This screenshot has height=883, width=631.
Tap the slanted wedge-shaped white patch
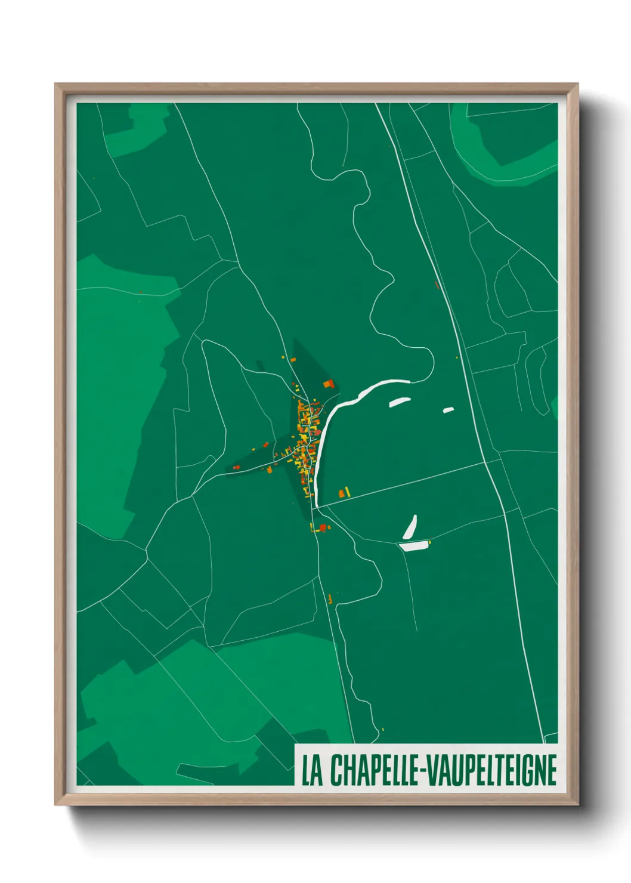410,526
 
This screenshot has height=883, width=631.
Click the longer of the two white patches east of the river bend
399,402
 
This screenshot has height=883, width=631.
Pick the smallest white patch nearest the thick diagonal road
448,410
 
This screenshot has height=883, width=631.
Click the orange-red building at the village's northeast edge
328,384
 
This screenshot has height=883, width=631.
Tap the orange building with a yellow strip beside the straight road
343,493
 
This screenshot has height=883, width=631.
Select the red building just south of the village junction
323,527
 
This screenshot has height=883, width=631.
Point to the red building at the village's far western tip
236,468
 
